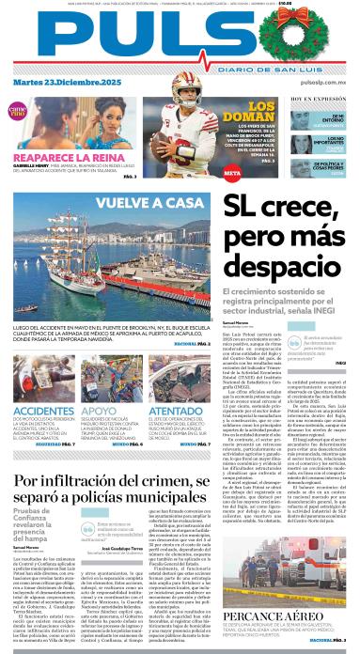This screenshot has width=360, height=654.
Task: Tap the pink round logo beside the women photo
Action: point(18,111)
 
